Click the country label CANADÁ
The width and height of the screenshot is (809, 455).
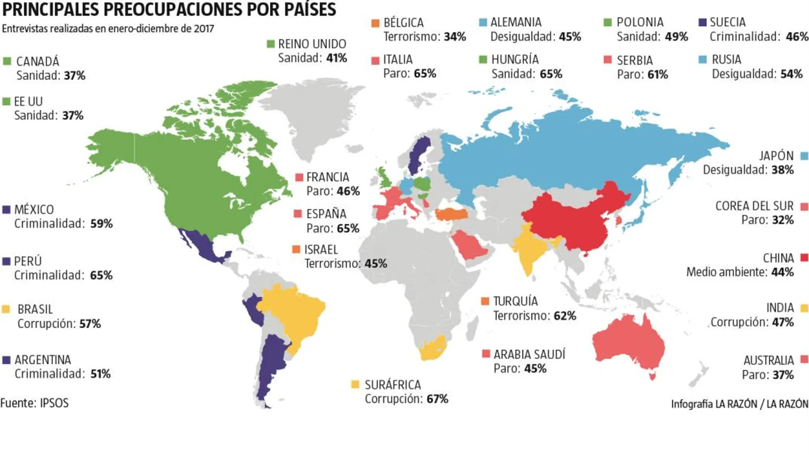(37, 62)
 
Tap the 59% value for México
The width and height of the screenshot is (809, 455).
(101, 223)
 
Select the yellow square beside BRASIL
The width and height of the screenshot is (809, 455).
(6, 309)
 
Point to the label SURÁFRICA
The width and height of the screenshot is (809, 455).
(393, 385)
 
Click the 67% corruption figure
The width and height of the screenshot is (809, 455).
(437, 399)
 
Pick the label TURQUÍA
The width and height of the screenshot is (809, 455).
(515, 301)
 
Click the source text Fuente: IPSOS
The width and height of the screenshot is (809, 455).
(34, 403)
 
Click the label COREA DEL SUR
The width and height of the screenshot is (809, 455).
(754, 206)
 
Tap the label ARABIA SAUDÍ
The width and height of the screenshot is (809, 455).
(529, 354)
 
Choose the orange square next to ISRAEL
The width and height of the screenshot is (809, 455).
(296, 249)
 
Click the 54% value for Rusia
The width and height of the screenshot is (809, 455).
(791, 74)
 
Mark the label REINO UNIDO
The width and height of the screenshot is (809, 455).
(312, 44)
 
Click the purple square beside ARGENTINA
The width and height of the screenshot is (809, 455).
(6, 360)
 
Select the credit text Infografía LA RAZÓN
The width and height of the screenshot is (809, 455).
(714, 403)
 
